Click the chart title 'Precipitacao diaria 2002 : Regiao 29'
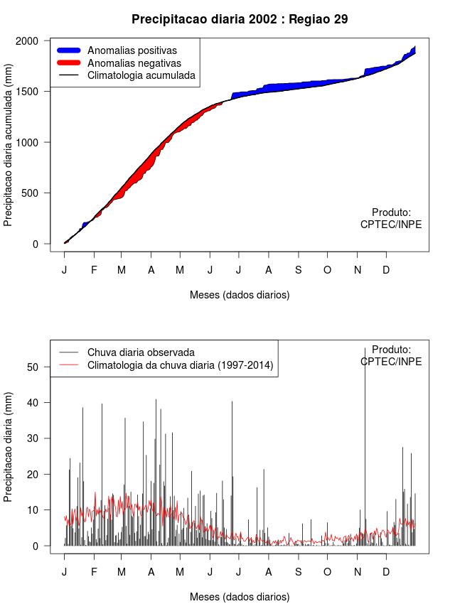pos(240,19)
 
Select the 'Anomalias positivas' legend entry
pos(132,50)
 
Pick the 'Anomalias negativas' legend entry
pos(134,63)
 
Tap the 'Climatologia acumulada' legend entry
pos(141,75)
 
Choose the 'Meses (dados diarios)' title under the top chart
pos(240,294)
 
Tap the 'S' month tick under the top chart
pos(299,270)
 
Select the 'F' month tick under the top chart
pos(93,270)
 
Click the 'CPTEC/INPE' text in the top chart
pos(391,225)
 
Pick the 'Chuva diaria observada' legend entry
pos(140,352)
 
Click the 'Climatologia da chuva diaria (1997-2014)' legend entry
pos(180,365)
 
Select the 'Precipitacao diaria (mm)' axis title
pos(9,447)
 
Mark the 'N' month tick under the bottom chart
pos(358,572)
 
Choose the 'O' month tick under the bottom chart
pos(327,572)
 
